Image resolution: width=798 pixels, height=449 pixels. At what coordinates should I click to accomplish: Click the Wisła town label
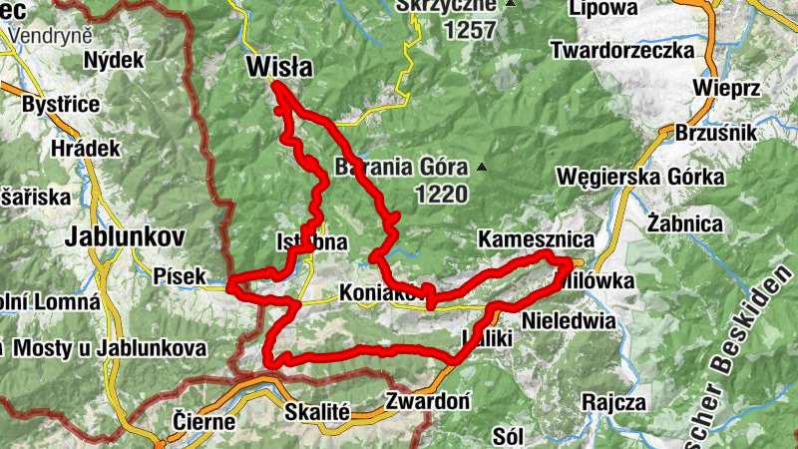coord(278,67)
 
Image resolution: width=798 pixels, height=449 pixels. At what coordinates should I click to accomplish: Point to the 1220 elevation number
coord(437,195)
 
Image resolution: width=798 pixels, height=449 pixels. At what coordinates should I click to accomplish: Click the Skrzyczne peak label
coord(445,6)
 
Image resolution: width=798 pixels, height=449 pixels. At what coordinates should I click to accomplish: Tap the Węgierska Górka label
coord(642,178)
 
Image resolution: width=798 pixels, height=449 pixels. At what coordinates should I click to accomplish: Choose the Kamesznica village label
coord(536,240)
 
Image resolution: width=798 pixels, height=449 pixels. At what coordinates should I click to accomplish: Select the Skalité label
coord(316,410)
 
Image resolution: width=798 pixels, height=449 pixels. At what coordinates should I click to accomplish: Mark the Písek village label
coord(180,275)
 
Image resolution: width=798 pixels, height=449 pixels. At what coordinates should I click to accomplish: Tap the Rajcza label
coord(616,402)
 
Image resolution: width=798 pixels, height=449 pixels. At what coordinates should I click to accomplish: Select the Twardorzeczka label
coord(635,50)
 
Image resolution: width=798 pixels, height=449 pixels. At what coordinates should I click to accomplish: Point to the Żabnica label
coord(683,223)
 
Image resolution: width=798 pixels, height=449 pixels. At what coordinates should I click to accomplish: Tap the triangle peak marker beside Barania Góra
coord(483,167)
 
